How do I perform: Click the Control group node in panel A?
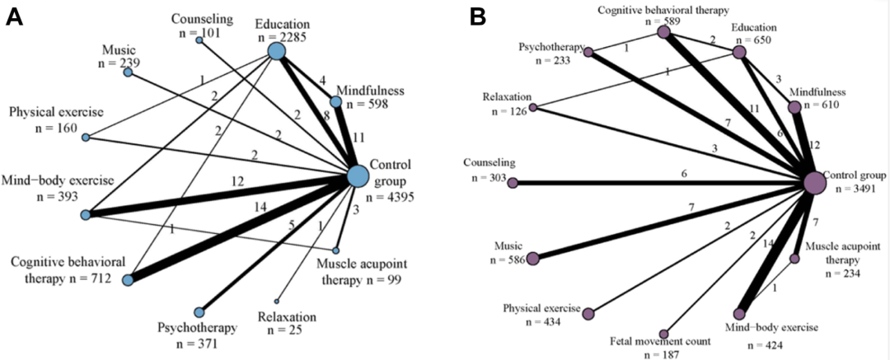(x=357, y=176)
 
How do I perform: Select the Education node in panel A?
(x=276, y=51)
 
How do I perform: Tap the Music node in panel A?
(x=128, y=72)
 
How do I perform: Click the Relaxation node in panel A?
(x=277, y=301)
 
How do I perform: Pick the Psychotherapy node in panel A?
(x=199, y=312)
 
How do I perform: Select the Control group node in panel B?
(x=814, y=183)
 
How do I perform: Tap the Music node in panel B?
(x=532, y=259)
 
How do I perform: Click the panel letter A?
(x=14, y=16)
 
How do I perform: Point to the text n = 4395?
(x=386, y=196)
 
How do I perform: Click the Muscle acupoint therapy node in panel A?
(x=336, y=250)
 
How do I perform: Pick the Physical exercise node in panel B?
(x=588, y=313)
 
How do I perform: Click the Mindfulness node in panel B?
(x=794, y=107)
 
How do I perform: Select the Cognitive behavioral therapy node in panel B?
(x=663, y=32)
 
